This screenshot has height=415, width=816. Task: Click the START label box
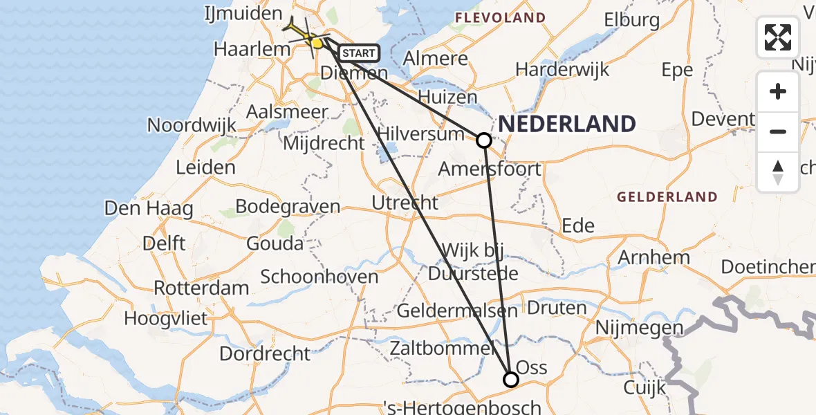(x=359, y=53)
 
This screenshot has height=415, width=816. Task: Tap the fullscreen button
(x=778, y=37)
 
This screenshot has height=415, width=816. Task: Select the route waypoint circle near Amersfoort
(x=484, y=140)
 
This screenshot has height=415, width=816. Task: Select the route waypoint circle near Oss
(x=510, y=379)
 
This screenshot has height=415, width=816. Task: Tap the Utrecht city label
(x=405, y=203)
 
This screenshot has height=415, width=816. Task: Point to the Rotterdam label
(x=201, y=288)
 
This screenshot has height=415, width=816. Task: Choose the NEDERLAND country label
(x=567, y=124)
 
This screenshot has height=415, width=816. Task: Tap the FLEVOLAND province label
(x=500, y=18)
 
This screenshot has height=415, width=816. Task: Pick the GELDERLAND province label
(x=667, y=197)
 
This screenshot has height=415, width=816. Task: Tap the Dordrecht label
(x=265, y=353)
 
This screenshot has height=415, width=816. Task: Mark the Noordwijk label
(x=192, y=126)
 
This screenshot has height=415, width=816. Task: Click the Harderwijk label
(x=562, y=69)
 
